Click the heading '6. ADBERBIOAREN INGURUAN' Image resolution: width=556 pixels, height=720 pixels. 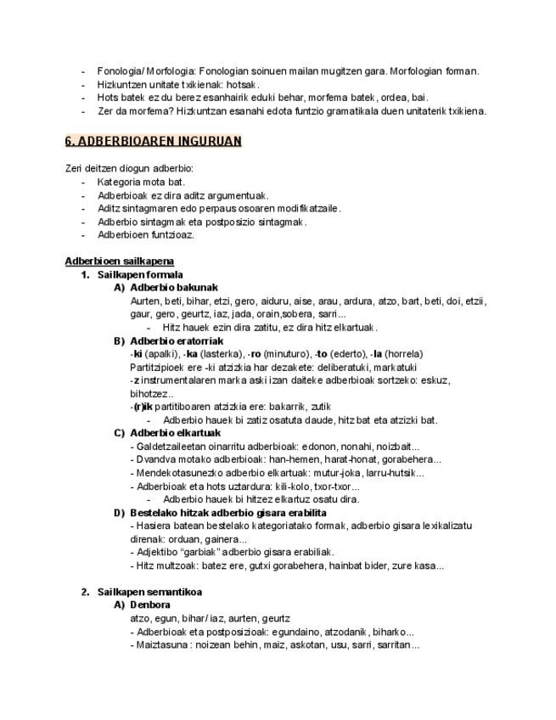pyautogui.click(x=154, y=141)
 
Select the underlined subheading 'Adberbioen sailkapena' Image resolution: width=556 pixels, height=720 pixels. pyautogui.click(x=120, y=261)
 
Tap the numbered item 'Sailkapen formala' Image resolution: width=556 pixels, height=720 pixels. pyautogui.click(x=140, y=274)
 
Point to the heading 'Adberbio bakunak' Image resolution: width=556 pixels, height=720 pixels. pyautogui.click(x=174, y=287)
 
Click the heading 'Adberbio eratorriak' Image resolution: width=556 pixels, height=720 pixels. pyautogui.click(x=176, y=340)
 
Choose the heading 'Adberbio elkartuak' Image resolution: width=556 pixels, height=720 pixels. pyautogui.click(x=175, y=433)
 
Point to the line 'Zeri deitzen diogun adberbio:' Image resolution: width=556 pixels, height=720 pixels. pyautogui.click(x=129, y=168)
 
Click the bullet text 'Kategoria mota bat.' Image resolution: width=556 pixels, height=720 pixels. pyautogui.click(x=141, y=182)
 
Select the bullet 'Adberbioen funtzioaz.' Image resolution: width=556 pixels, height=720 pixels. pyautogui.click(x=146, y=234)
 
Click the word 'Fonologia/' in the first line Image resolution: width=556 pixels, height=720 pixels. pyautogui.click(x=120, y=71)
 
